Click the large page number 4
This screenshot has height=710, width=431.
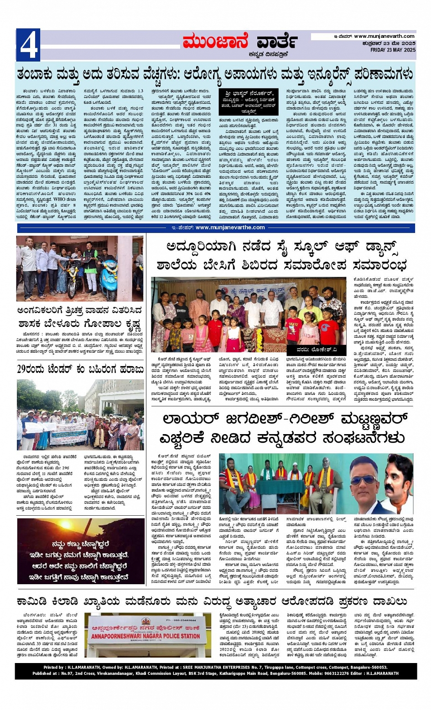[28, 45]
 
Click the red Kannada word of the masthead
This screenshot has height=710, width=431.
[215, 42]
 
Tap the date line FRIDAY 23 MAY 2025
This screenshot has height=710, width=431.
[392, 50]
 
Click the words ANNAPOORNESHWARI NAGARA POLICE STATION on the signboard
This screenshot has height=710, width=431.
[146, 636]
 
